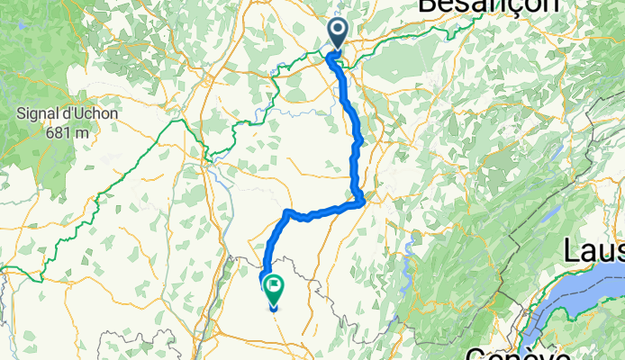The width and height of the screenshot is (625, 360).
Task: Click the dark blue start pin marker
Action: (338, 33)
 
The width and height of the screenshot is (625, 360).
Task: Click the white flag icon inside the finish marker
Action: (271, 287)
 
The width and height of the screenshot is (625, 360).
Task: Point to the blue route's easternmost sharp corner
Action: (363, 201)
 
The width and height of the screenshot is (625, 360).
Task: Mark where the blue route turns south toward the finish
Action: (287, 213)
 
